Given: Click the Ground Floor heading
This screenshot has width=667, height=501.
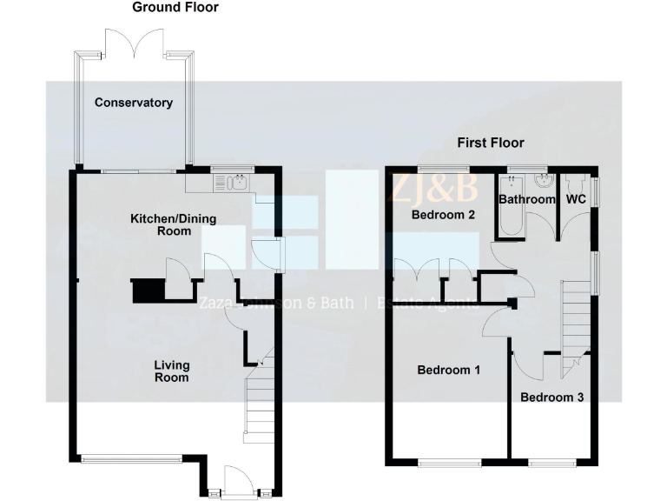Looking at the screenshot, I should [175, 8].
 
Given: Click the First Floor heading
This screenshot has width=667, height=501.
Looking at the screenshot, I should [491, 143].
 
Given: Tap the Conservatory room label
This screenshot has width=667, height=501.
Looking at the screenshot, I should [133, 103].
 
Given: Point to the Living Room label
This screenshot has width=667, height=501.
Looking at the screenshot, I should [171, 371].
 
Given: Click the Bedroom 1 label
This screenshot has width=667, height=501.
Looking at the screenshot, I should [448, 370].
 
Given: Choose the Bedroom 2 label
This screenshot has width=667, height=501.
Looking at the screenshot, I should [442, 215].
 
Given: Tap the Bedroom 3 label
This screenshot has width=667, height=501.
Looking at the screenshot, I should [551, 397].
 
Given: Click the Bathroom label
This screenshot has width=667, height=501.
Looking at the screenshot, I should [526, 199].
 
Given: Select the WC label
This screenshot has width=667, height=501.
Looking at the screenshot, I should [576, 199].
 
